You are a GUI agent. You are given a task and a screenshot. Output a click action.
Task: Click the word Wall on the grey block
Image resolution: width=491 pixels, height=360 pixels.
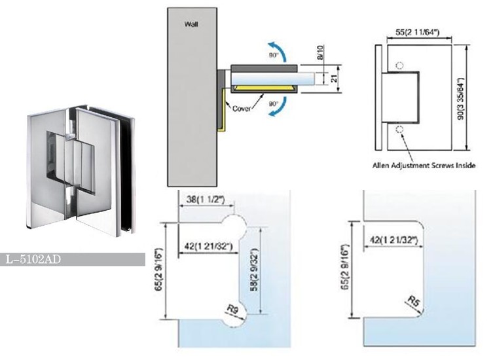point(191,24)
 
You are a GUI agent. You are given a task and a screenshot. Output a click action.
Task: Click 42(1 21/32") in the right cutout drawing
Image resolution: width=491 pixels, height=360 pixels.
point(394,240)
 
